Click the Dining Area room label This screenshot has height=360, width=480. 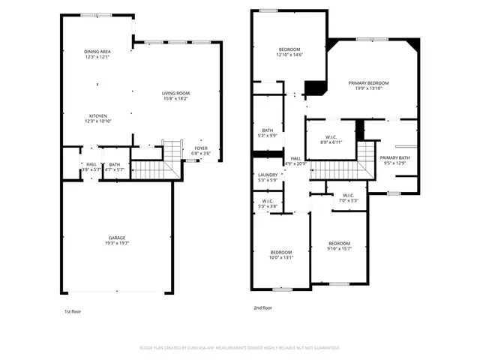(x=97, y=51)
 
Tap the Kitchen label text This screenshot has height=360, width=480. (x=97, y=115)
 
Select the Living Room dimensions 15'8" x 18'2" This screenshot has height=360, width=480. (x=175, y=98)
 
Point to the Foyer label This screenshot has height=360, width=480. (x=201, y=148)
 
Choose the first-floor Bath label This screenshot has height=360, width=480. (x=114, y=164)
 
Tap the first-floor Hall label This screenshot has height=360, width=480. (x=91, y=164)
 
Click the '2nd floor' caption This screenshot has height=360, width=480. (x=262, y=307)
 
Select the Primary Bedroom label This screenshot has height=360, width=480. (x=368, y=83)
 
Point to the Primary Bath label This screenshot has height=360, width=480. (x=394, y=157)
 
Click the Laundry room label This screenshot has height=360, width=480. (x=267, y=175)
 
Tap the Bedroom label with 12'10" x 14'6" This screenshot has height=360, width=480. (x=289, y=49)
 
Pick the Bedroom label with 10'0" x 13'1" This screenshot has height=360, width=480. (x=281, y=252)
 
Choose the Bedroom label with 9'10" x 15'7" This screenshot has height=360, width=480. (x=339, y=243)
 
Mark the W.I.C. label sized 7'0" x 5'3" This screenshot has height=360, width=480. (x=348, y=197)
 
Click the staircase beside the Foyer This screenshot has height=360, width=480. (x=173, y=151)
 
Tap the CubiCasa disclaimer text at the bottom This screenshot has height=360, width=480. (x=240, y=348)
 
